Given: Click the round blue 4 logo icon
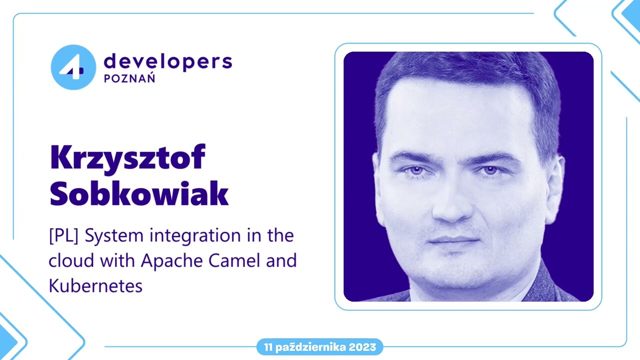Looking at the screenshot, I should [73, 67].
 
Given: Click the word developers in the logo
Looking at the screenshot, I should [167, 61].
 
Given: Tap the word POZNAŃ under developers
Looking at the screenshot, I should [129, 79].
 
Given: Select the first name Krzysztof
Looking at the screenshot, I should [128, 158].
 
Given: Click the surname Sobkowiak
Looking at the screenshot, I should [139, 195].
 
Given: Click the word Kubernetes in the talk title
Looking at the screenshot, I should [95, 285].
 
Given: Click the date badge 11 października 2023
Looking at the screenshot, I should [320, 347].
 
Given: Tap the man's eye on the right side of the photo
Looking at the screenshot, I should [490, 170].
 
